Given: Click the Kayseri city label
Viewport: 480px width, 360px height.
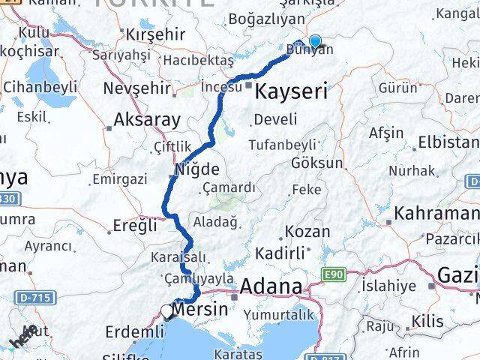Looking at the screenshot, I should click(x=292, y=92).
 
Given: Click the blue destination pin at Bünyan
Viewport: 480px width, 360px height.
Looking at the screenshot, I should click(x=316, y=42).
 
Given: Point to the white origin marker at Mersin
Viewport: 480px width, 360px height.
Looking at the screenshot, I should click(x=166, y=310).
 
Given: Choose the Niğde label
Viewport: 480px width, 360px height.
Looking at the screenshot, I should click(x=196, y=169).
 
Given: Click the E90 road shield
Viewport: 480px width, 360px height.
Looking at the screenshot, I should click(x=334, y=276).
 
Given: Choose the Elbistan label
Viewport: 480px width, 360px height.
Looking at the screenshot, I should click(x=448, y=142).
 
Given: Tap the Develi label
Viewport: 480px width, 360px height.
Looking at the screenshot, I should click(x=274, y=118).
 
